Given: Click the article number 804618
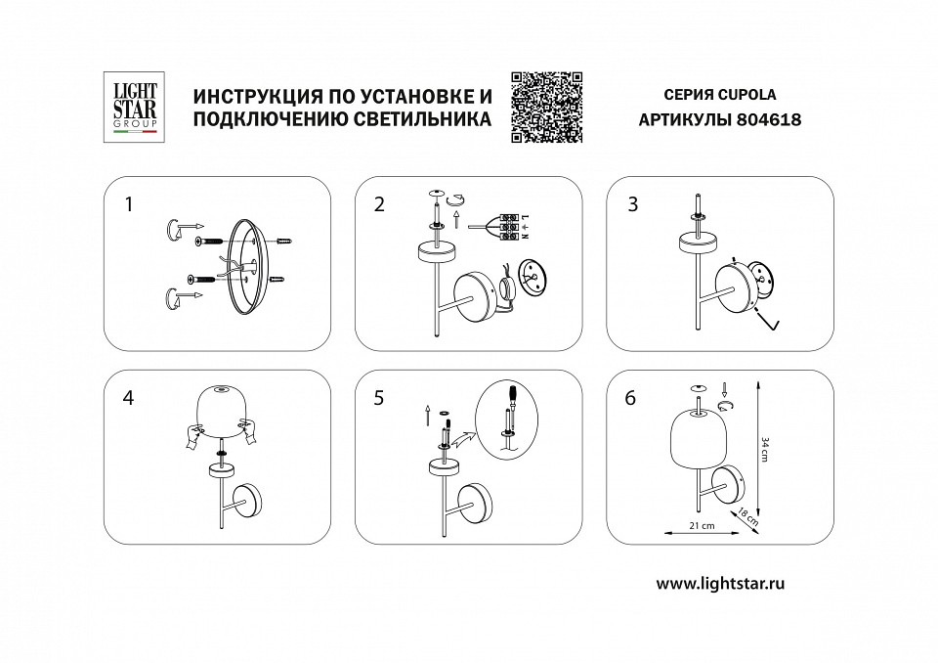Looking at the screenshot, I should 768,122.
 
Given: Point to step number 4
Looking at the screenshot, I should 128,399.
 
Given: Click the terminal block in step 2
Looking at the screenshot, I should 510,227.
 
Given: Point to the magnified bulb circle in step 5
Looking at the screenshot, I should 509,418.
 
